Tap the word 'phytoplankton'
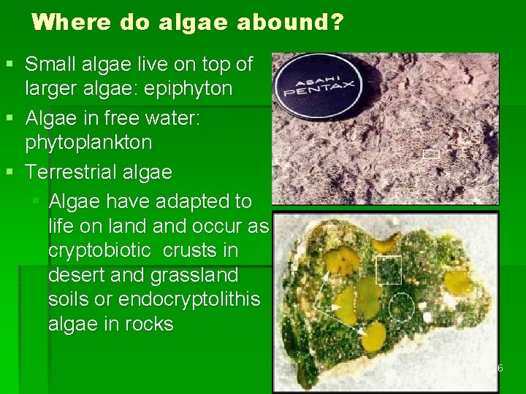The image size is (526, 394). click(x=89, y=142)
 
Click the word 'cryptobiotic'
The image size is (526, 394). click(x=99, y=250)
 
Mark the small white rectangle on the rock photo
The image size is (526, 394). click(x=431, y=153)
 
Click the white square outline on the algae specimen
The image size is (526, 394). click(x=389, y=270)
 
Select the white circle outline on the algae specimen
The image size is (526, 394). click(x=401, y=307)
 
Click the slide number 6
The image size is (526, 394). click(x=500, y=368)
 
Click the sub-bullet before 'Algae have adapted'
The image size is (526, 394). click(x=36, y=201)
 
